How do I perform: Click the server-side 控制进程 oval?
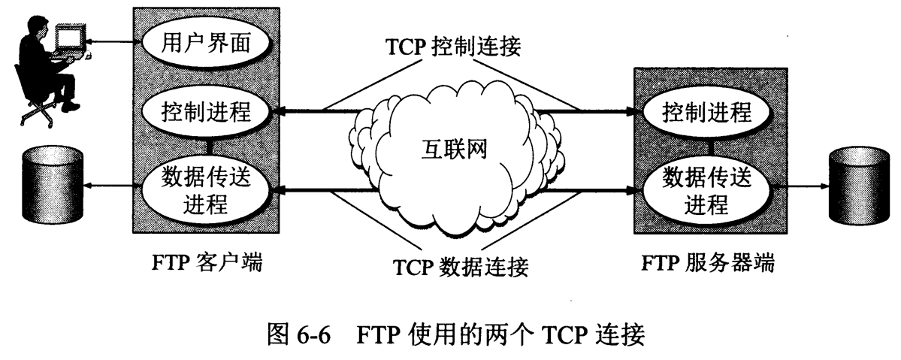(x=706, y=113)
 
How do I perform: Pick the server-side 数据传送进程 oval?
(x=706, y=191)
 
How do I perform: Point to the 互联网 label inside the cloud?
(x=452, y=148)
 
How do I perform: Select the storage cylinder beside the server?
(x=856, y=185)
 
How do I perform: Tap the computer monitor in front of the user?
(x=70, y=38)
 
